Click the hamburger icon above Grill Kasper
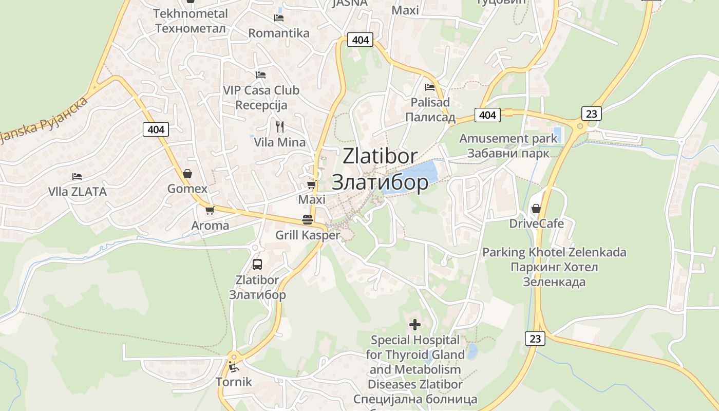(x=308, y=220)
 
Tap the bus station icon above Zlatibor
(x=257, y=265)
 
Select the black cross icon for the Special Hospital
(x=414, y=325)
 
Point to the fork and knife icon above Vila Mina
(x=280, y=126)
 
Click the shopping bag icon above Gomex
(x=187, y=174)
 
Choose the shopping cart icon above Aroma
(x=210, y=210)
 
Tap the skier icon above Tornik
(x=233, y=367)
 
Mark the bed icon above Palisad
(x=430, y=87)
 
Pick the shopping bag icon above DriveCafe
(x=536, y=209)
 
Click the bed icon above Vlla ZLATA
(x=77, y=177)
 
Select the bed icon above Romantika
(x=279, y=18)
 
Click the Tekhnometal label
(x=190, y=13)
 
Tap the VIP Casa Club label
(x=261, y=90)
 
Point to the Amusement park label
(x=508, y=138)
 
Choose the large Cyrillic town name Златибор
(x=380, y=182)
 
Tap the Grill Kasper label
(x=308, y=235)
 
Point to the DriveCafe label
(x=536, y=223)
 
